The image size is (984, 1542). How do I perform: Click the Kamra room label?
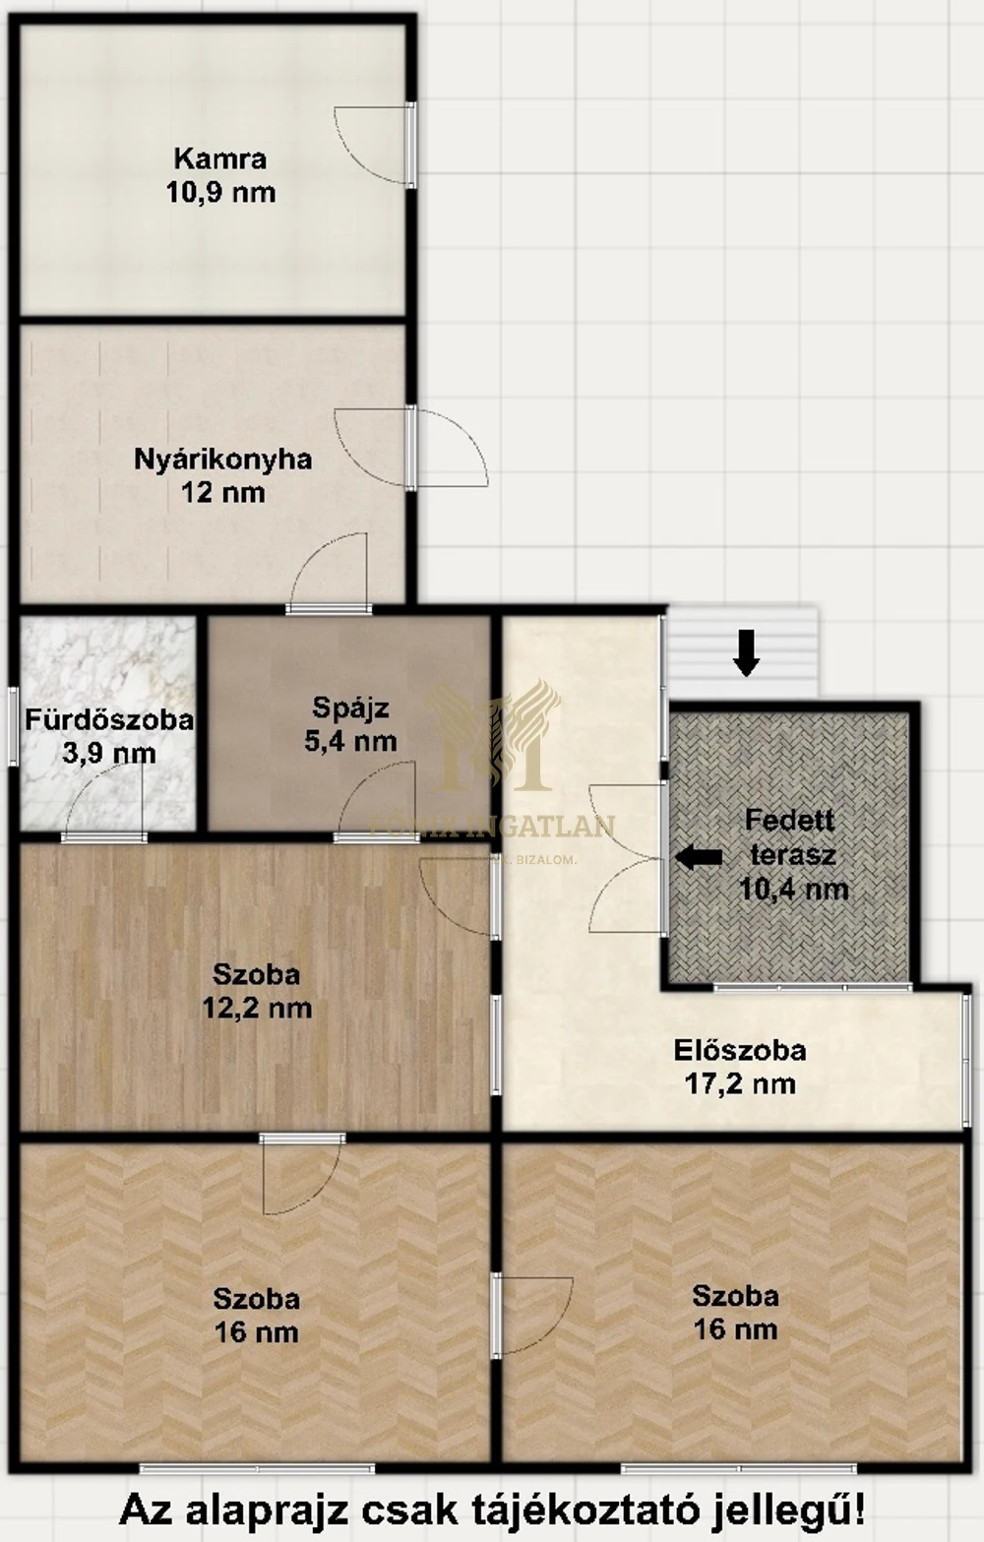[219, 158]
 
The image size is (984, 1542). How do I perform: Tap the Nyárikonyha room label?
[222, 459]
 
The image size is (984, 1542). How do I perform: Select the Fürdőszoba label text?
[108, 719]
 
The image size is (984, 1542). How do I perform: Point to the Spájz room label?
[350, 708]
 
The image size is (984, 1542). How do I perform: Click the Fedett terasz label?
[791, 836]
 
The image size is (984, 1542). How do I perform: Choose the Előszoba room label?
[740, 1050]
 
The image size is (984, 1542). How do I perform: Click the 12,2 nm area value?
[257, 1008]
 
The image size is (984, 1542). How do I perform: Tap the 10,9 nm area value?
[219, 192]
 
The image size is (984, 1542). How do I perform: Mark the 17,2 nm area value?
[740, 1083]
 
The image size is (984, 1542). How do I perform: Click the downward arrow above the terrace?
[747, 652]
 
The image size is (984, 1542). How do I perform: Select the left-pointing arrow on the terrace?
[699, 857]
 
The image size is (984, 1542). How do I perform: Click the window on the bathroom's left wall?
[13, 726]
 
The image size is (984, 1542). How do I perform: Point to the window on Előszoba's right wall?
[967, 1058]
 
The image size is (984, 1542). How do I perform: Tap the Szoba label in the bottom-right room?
[735, 1296]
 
